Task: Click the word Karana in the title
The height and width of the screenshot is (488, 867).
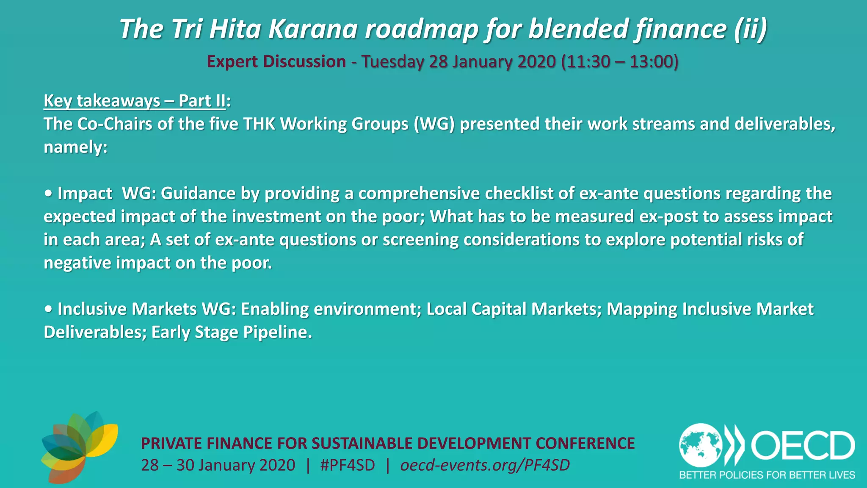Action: coord(313,29)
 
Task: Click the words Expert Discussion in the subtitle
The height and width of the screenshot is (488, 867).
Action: coord(276,62)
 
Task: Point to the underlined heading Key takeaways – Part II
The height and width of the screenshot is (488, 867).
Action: coord(135,101)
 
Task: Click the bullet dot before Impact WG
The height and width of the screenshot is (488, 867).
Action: coord(49,194)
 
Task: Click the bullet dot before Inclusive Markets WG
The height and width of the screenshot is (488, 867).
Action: coord(49,309)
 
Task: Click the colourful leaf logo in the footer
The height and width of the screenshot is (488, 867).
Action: coord(79,447)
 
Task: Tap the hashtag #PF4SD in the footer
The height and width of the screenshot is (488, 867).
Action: coord(348,465)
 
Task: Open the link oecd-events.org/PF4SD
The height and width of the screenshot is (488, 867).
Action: coord(485,465)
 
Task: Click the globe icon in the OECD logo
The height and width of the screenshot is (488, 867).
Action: coord(701,445)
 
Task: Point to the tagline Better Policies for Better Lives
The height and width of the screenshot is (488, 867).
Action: coord(767,475)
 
